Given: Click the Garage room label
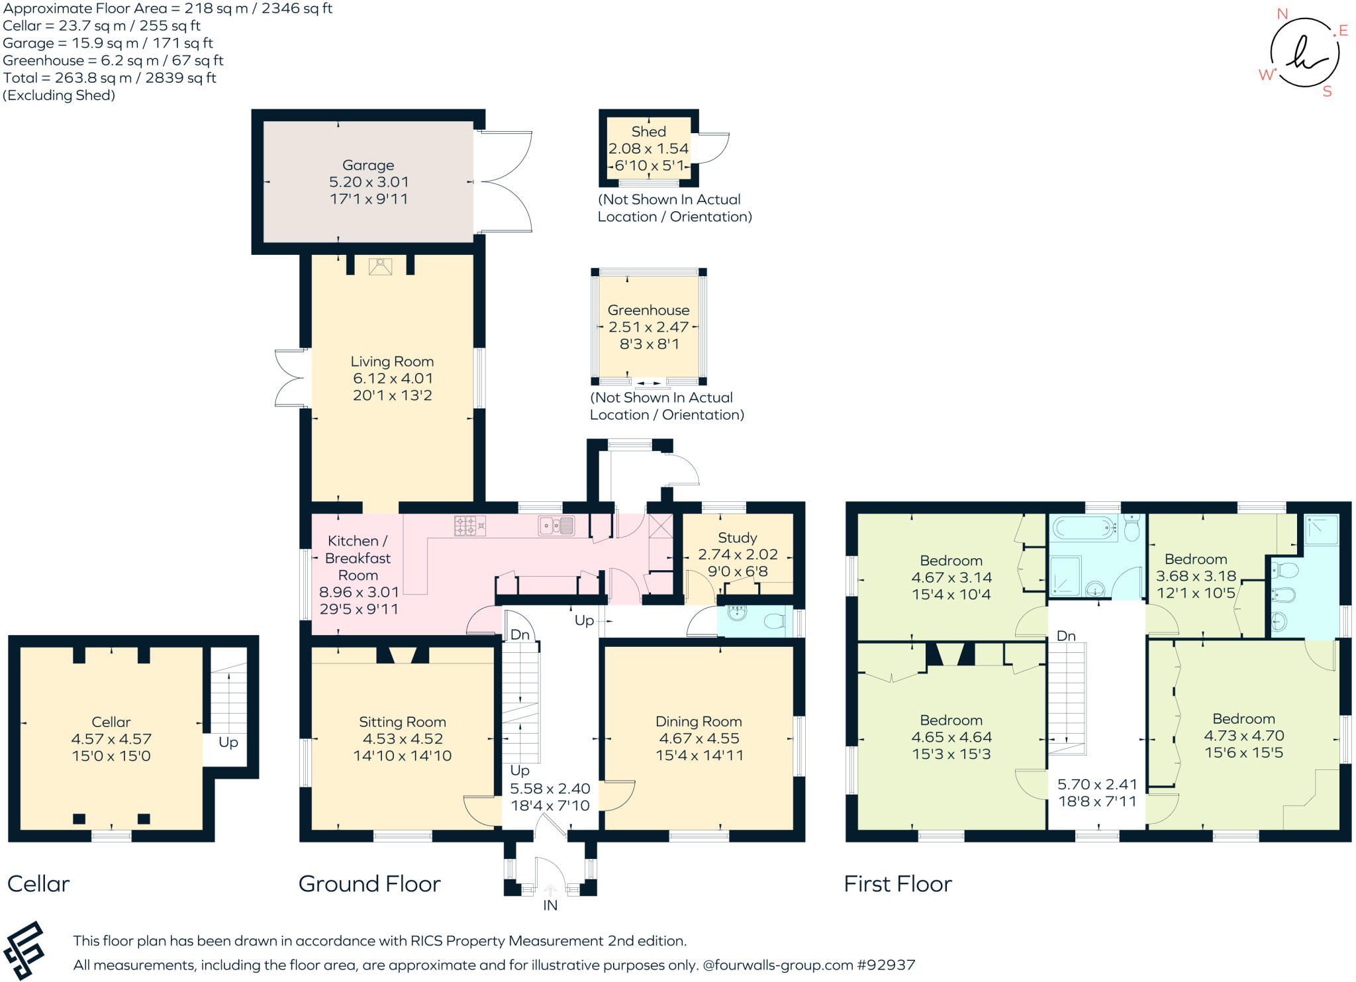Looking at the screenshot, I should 368,165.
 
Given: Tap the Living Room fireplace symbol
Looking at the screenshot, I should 380,266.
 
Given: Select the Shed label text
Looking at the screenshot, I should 648,132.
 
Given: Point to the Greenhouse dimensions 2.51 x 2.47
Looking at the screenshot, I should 648,327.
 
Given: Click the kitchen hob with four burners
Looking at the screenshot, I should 469,526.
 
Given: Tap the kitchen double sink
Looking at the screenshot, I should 556,526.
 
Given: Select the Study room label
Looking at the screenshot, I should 737,538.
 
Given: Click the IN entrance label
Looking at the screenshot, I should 550,905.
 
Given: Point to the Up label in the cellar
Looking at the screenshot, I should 228,742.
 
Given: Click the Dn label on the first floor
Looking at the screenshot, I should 1066,636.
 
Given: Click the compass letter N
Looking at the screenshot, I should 1282,14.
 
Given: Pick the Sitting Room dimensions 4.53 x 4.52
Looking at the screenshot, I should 402,739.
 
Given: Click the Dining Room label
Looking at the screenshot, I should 699,722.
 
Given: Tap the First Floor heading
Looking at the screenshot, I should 897,884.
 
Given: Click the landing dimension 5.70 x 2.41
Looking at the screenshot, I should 1097,785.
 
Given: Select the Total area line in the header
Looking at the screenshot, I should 109,78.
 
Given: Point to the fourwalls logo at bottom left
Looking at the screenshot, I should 24,951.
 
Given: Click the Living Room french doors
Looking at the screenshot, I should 291,378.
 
